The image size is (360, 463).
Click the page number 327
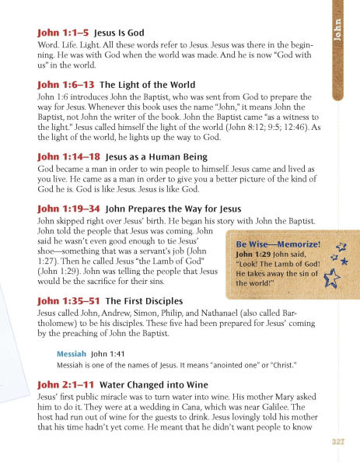click(x=337, y=442)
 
